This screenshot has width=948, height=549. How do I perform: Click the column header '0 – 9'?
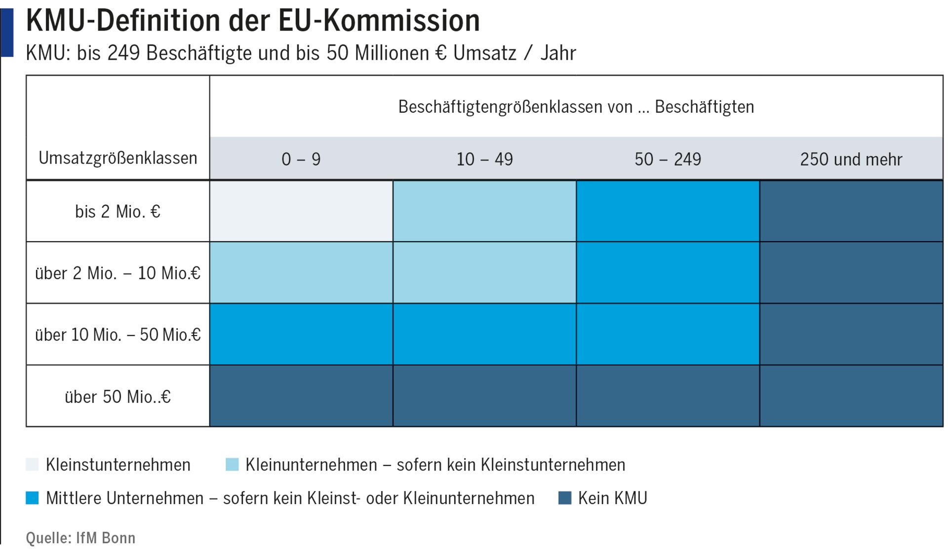[301, 159]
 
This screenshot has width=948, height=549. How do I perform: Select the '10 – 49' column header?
[484, 159]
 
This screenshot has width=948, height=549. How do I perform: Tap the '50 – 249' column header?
[668, 159]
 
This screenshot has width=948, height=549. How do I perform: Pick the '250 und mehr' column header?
[851, 159]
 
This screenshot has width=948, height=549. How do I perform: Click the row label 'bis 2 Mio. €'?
[118, 211]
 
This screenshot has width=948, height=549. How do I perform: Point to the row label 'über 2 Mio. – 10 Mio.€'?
[118, 273]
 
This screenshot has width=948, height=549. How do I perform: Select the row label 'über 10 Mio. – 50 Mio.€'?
[118, 335]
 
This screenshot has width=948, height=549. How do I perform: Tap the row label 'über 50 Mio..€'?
[118, 396]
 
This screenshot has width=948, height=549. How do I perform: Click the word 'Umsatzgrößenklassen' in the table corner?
[118, 158]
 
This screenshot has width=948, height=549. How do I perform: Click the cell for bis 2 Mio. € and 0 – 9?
[301, 211]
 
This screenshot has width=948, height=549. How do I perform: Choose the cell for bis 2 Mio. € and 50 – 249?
[668, 211]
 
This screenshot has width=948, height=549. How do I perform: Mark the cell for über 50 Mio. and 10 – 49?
[484, 396]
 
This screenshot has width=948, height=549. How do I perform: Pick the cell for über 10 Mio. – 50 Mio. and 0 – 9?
[301, 334]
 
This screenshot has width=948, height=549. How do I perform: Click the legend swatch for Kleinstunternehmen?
[32, 465]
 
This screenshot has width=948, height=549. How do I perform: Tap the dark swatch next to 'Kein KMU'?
[564, 498]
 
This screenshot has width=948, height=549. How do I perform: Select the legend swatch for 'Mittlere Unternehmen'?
[32, 498]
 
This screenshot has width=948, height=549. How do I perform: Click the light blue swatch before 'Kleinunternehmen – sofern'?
[232, 465]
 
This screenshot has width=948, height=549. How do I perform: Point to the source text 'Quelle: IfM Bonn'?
[80, 538]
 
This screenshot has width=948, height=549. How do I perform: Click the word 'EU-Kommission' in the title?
[379, 21]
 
